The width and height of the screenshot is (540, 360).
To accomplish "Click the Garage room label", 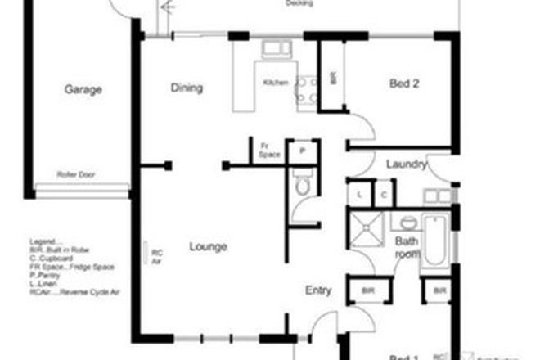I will point(83,90).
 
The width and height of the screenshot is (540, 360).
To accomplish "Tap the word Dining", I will point(187,88).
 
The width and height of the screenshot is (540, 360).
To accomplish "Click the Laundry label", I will point(407,164).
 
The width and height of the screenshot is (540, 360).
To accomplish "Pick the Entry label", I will point(318,290).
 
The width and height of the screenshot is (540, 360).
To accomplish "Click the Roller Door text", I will point(72,175).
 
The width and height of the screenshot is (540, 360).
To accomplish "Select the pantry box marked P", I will point(302,151).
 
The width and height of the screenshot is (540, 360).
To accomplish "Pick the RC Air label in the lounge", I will point(156,255).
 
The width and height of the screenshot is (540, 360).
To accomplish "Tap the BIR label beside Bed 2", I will point(333,79).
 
